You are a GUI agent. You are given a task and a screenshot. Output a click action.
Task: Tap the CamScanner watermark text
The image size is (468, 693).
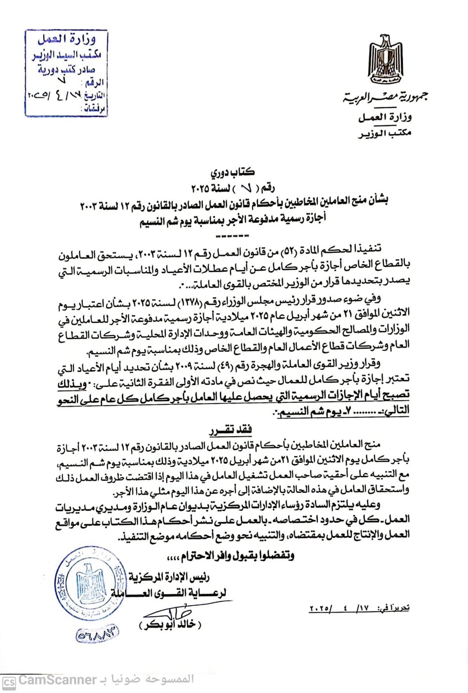[57, 680]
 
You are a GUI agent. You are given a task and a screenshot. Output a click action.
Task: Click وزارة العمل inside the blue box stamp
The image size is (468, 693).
[67, 40]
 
